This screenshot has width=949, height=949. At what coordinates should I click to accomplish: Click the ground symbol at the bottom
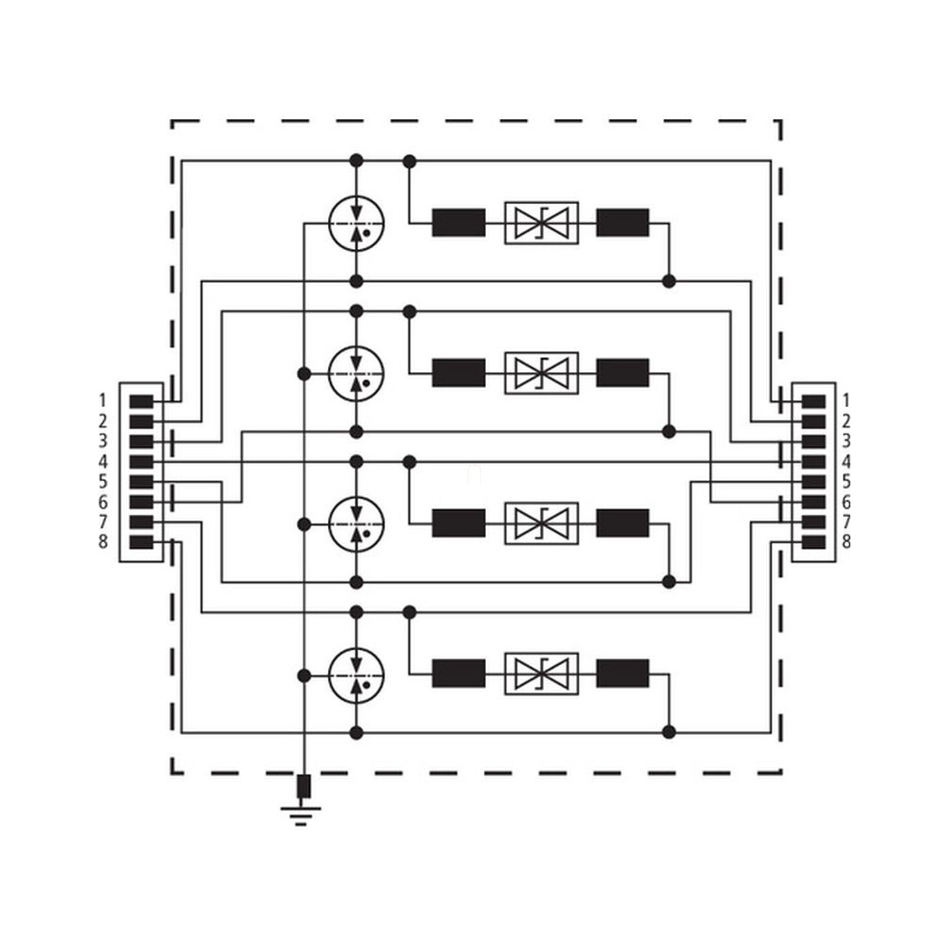click(301, 816)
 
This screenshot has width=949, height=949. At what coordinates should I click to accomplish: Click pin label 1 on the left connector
click(103, 400)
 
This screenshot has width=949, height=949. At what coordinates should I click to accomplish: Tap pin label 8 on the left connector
click(103, 541)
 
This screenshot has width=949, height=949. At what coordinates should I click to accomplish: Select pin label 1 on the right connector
click(846, 400)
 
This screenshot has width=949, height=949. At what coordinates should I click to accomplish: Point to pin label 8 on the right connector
click(846, 541)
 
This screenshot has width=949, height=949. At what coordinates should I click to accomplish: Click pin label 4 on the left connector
click(103, 461)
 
